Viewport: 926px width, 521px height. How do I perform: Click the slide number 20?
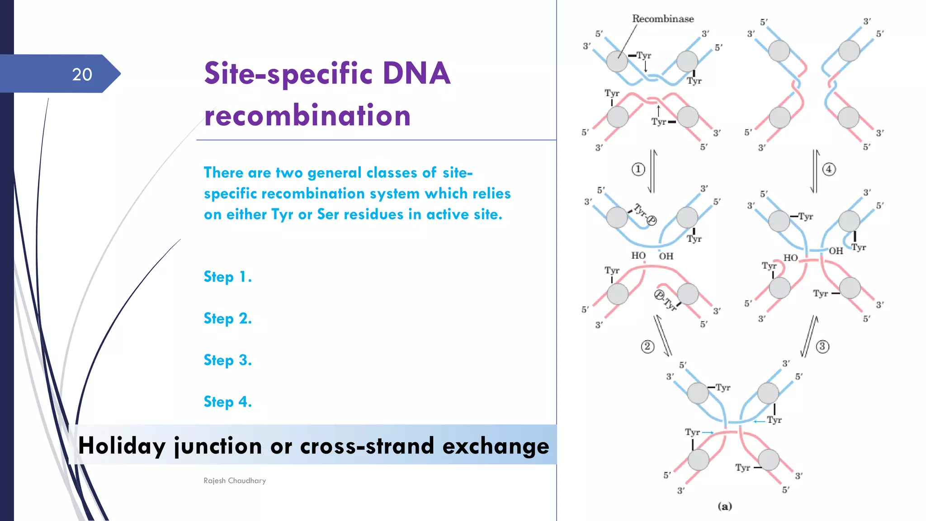click(x=82, y=74)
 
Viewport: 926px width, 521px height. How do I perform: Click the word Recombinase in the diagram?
click(x=662, y=19)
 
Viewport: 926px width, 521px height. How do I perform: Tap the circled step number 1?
click(x=638, y=169)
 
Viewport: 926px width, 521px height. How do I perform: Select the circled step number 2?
click(x=647, y=346)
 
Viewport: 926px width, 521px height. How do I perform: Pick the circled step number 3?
click(x=822, y=346)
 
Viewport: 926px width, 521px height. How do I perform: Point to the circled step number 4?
click(x=829, y=169)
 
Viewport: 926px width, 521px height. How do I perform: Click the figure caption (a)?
click(x=724, y=506)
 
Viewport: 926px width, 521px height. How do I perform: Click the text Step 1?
click(x=227, y=277)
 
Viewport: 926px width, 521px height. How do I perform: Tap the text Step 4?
click(x=227, y=402)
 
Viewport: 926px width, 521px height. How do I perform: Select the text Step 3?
click(x=227, y=360)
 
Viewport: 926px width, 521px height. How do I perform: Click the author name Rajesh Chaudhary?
click(x=235, y=480)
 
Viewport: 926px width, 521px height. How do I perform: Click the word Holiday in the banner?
click(x=122, y=446)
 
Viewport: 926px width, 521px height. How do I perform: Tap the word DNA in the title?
click(x=416, y=73)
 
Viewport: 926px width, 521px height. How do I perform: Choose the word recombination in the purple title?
click(x=307, y=115)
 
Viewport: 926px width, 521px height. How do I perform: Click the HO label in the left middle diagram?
click(x=638, y=256)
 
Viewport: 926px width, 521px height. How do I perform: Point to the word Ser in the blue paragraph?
click(x=328, y=214)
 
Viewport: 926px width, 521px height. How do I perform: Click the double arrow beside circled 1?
click(x=652, y=171)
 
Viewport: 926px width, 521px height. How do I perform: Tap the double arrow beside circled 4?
click(x=815, y=171)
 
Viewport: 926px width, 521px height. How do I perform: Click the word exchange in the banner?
click(x=496, y=446)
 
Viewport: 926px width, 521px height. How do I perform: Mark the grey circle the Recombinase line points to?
click(x=617, y=61)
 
